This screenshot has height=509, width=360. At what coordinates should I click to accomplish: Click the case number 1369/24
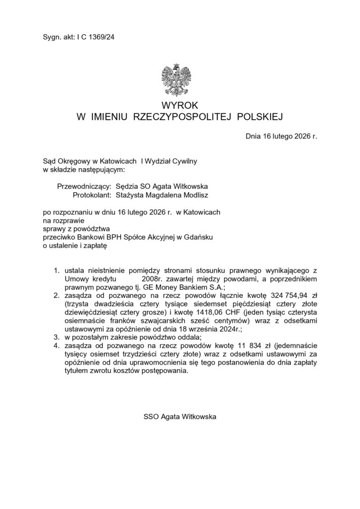[104, 36]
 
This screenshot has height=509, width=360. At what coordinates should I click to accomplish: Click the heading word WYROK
[180, 105]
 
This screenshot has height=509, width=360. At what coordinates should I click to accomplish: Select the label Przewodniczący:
[85, 186]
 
